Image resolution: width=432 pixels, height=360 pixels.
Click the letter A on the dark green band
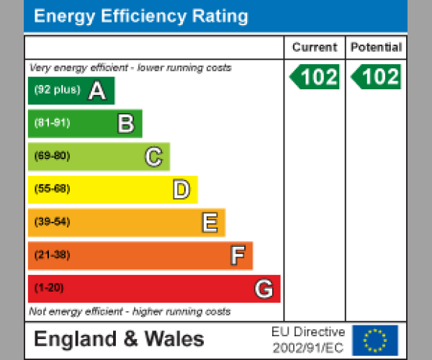coord(97,91)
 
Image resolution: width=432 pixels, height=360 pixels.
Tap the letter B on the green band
coord(125,124)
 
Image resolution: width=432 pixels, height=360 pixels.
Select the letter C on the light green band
coord(153,157)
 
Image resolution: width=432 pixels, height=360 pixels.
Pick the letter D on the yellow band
coord(181,190)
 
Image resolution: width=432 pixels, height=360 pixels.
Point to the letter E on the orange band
coord(209,223)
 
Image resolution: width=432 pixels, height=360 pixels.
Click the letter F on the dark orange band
coord(237,256)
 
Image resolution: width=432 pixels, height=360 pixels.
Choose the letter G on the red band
coord(264,289)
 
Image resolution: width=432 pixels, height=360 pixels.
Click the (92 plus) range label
coord(57,90)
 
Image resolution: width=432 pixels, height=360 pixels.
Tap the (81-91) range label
coord(52,123)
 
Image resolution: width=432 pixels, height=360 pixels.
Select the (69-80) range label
coord(52,156)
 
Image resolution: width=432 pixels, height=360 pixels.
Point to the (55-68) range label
coord(52,189)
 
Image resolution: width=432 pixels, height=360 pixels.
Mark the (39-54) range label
coord(52,222)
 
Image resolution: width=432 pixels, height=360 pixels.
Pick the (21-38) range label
coord(52,255)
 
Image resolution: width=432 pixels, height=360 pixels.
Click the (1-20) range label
coord(49,288)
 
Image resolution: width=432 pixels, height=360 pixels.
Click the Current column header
coord(315,48)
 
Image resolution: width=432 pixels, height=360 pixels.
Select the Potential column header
coord(376,48)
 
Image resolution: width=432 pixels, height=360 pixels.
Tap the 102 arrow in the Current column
coord(315,77)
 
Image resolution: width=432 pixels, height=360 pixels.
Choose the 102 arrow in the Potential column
coord(376,77)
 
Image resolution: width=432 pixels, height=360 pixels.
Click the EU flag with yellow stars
coord(374,340)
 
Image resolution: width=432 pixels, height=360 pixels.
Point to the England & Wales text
coord(120,339)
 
